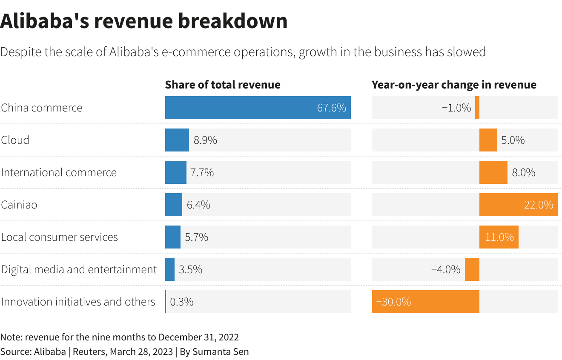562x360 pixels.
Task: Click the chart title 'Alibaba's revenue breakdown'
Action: pyautogui.click(x=144, y=21)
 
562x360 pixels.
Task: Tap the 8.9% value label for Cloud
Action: pyautogui.click(x=205, y=140)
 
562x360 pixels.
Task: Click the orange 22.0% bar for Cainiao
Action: pyautogui.click(x=518, y=205)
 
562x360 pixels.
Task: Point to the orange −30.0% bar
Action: pyautogui.click(x=425, y=302)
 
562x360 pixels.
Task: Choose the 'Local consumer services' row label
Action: pyautogui.click(x=59, y=237)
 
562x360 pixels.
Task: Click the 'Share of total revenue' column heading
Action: pyautogui.click(x=223, y=85)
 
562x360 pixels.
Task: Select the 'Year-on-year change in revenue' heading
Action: pyautogui.click(x=454, y=85)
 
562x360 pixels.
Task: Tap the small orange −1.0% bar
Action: pyautogui.click(x=477, y=108)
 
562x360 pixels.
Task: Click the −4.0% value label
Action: pyautogui.click(x=446, y=269)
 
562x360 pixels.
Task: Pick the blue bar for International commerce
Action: pyautogui.click(x=176, y=172)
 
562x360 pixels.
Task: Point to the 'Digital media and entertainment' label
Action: pyautogui.click(x=79, y=269)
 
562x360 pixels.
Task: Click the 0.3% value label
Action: pyautogui.click(x=182, y=302)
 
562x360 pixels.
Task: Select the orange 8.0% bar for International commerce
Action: pyautogui.click(x=493, y=172)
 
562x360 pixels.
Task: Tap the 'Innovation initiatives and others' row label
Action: pyautogui.click(x=78, y=302)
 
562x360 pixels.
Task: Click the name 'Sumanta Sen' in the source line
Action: pyautogui.click(x=221, y=351)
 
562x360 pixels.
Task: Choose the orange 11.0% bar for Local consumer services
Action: pyautogui.click(x=499, y=237)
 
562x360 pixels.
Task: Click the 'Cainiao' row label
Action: pyautogui.click(x=19, y=205)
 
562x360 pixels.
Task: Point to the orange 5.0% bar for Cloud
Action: pyautogui.click(x=488, y=140)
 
